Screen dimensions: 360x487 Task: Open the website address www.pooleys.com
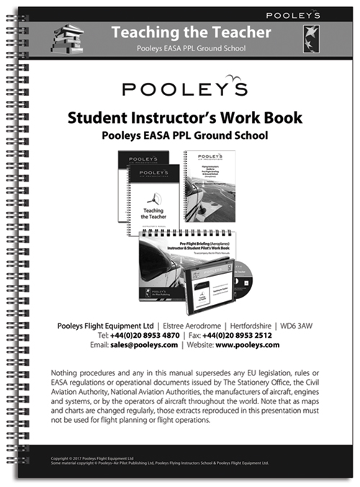246,345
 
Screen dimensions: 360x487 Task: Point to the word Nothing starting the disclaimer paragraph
71,372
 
